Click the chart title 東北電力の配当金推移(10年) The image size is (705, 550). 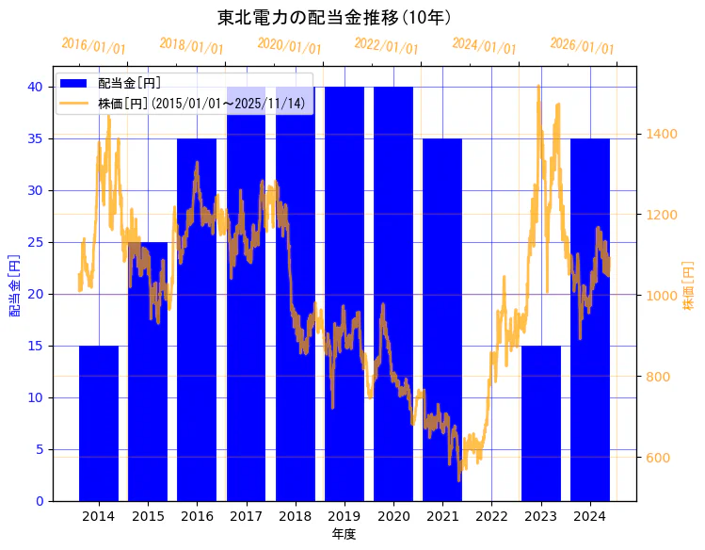point(334,17)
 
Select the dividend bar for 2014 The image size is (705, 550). point(99,424)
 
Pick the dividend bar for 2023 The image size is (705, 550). point(541,424)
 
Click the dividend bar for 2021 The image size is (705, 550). point(442,320)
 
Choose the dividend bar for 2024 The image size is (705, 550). point(590,320)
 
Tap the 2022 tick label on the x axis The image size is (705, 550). point(491,516)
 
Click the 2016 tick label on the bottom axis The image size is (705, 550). point(197,516)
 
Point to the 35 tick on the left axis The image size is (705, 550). point(35,138)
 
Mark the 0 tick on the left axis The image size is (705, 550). point(39,501)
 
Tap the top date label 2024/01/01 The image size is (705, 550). point(484,46)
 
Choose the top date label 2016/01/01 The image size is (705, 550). point(93,46)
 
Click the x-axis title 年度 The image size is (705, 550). point(344,534)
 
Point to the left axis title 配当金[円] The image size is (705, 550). point(14,284)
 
